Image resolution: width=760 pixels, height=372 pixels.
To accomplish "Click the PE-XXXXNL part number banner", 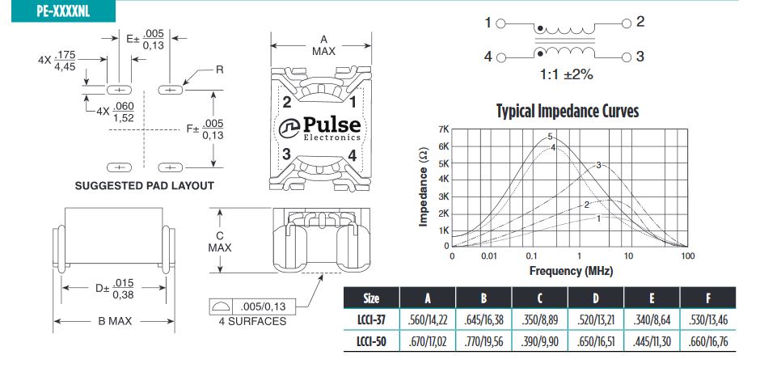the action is tap(63, 11).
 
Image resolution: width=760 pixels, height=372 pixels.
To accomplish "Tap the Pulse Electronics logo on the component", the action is tap(320, 128).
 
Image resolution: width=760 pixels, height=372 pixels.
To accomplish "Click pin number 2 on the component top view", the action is tap(287, 103).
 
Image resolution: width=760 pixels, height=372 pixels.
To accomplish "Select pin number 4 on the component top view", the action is tap(353, 156).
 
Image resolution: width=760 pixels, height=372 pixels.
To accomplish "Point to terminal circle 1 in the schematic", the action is tap(501, 23).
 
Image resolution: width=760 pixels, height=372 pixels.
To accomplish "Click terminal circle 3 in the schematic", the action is tap(627, 57).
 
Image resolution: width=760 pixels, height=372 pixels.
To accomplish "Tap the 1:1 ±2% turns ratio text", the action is tap(567, 75).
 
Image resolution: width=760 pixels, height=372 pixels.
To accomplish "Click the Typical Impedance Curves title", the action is tap(568, 111).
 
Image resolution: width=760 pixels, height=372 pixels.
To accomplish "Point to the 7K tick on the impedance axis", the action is tap(443, 129).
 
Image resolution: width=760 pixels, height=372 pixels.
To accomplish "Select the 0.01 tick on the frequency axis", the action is tap(489, 256).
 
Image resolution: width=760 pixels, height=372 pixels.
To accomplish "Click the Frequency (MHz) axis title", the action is tap(571, 271).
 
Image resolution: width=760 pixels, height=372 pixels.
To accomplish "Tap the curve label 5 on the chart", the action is tap(550, 137).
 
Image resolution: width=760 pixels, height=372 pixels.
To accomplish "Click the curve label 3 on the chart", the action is tap(598, 165).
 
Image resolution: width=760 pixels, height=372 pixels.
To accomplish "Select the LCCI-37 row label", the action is tap(371, 319).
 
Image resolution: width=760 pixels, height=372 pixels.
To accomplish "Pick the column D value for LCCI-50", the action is tap(596, 341).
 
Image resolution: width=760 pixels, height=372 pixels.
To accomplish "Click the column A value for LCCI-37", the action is tap(427, 319).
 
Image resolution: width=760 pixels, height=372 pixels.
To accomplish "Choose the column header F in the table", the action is tap(708, 298).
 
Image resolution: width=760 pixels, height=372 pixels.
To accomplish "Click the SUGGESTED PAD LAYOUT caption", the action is tap(145, 186).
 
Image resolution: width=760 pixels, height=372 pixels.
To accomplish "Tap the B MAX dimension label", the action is tap(113, 321).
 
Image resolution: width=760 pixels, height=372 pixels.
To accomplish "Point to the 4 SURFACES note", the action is tap(252, 322).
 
